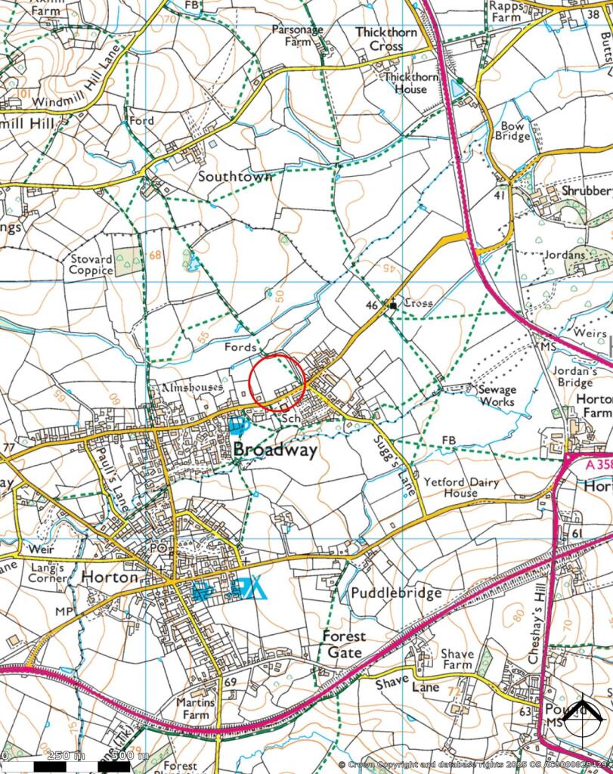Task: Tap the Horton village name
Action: (x=110, y=577)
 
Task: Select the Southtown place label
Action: (x=234, y=176)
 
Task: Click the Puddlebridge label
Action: (x=395, y=593)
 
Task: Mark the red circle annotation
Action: (x=277, y=382)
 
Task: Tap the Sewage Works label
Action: (x=497, y=395)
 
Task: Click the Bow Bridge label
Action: (x=512, y=131)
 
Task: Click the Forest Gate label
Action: (x=345, y=644)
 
